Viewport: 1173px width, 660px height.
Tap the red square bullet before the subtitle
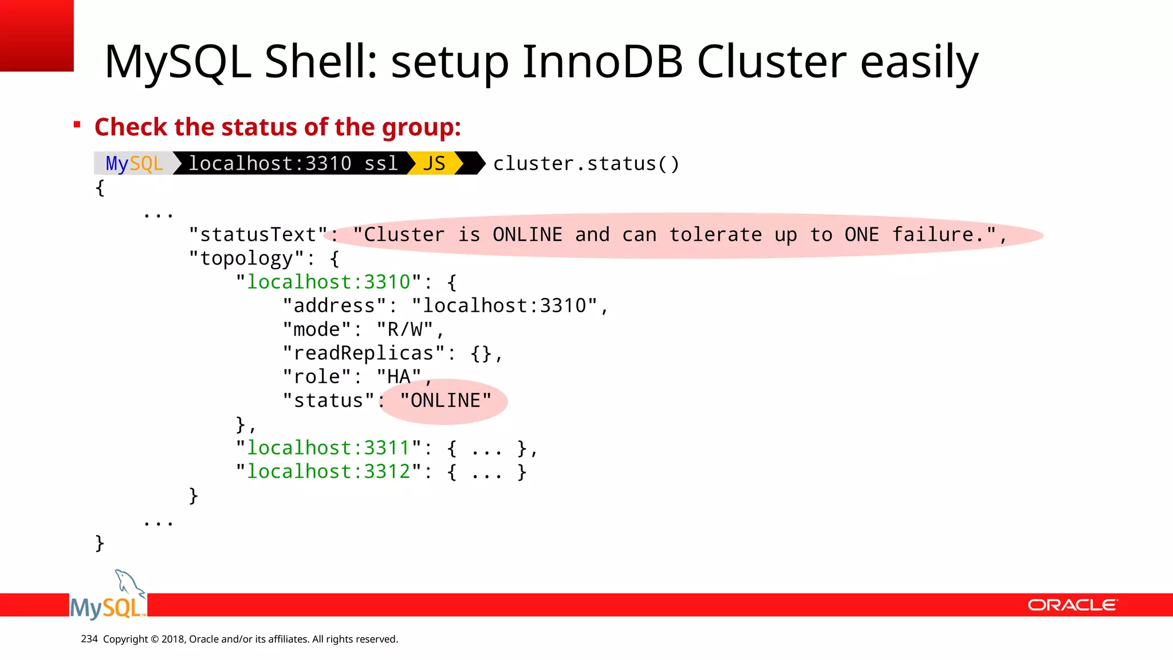tap(77, 124)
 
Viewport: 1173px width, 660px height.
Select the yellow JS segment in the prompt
tap(434, 164)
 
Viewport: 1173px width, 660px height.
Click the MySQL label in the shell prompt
tap(135, 164)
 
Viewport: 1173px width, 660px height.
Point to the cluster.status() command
tap(586, 164)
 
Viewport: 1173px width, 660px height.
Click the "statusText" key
tap(258, 235)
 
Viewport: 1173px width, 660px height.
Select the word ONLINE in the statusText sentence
tap(528, 235)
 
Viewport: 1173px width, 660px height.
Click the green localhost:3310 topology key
tap(328, 282)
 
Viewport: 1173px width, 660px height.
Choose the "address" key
tap(334, 306)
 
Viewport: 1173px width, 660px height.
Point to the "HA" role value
tap(399, 377)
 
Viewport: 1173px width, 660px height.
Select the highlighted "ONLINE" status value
tap(445, 400)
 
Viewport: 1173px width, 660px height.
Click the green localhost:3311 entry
tap(328, 448)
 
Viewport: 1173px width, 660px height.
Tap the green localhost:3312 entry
tap(328, 472)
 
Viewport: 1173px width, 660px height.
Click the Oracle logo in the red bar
tap(1072, 605)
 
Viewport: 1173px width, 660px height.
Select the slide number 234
tap(89, 639)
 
